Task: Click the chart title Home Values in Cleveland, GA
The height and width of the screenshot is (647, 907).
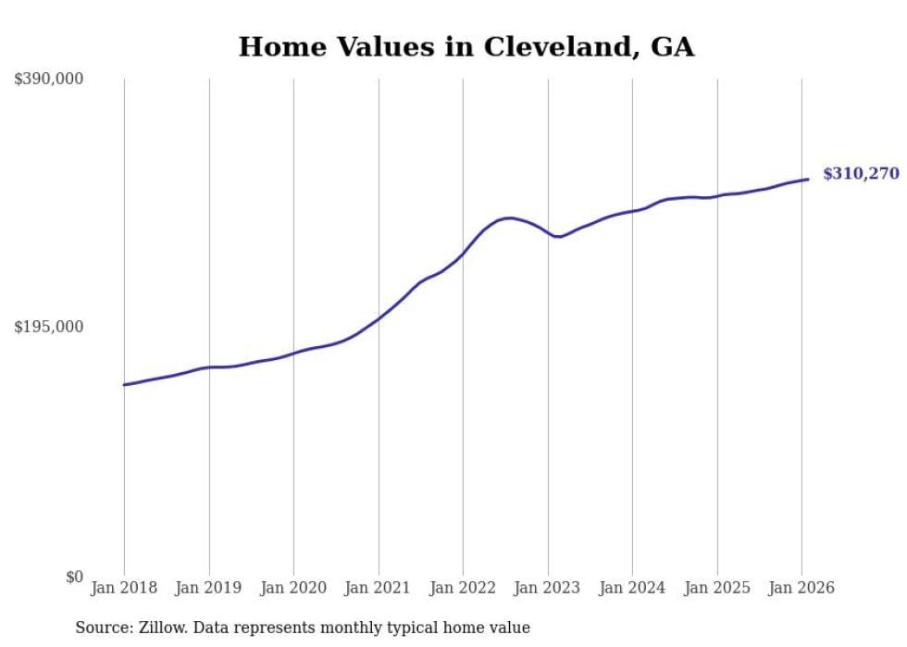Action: pyautogui.click(x=466, y=46)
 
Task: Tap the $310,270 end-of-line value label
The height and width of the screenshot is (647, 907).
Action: pyautogui.click(x=861, y=173)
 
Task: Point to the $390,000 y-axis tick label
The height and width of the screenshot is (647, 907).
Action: pyautogui.click(x=48, y=80)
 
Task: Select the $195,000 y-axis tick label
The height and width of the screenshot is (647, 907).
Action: pyautogui.click(x=48, y=327)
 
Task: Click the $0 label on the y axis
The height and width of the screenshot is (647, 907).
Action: pyautogui.click(x=74, y=577)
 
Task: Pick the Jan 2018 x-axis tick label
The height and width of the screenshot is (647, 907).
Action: pyautogui.click(x=124, y=589)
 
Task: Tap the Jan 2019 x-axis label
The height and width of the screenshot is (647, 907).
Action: pyautogui.click(x=209, y=589)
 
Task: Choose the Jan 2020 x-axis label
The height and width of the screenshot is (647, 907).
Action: pyautogui.click(x=293, y=589)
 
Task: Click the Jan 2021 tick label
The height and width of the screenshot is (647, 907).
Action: pyautogui.click(x=379, y=589)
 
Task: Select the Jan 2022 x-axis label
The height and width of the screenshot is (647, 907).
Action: pyautogui.click(x=463, y=589)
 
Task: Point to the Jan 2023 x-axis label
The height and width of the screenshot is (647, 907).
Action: pyautogui.click(x=548, y=589)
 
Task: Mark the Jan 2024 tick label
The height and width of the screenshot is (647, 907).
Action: pyautogui.click(x=632, y=589)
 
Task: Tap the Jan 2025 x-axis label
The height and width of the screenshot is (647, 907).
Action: pyautogui.click(x=717, y=589)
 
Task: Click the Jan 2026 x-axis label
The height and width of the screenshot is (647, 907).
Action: pyautogui.click(x=801, y=589)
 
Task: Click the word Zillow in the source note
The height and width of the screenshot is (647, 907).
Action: pyautogui.click(x=160, y=628)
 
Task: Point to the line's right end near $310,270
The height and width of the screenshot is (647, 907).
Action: pyautogui.click(x=808, y=180)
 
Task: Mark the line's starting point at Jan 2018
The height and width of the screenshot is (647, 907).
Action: pyautogui.click(x=124, y=384)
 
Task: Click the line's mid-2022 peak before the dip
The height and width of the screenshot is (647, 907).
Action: pyautogui.click(x=510, y=218)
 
